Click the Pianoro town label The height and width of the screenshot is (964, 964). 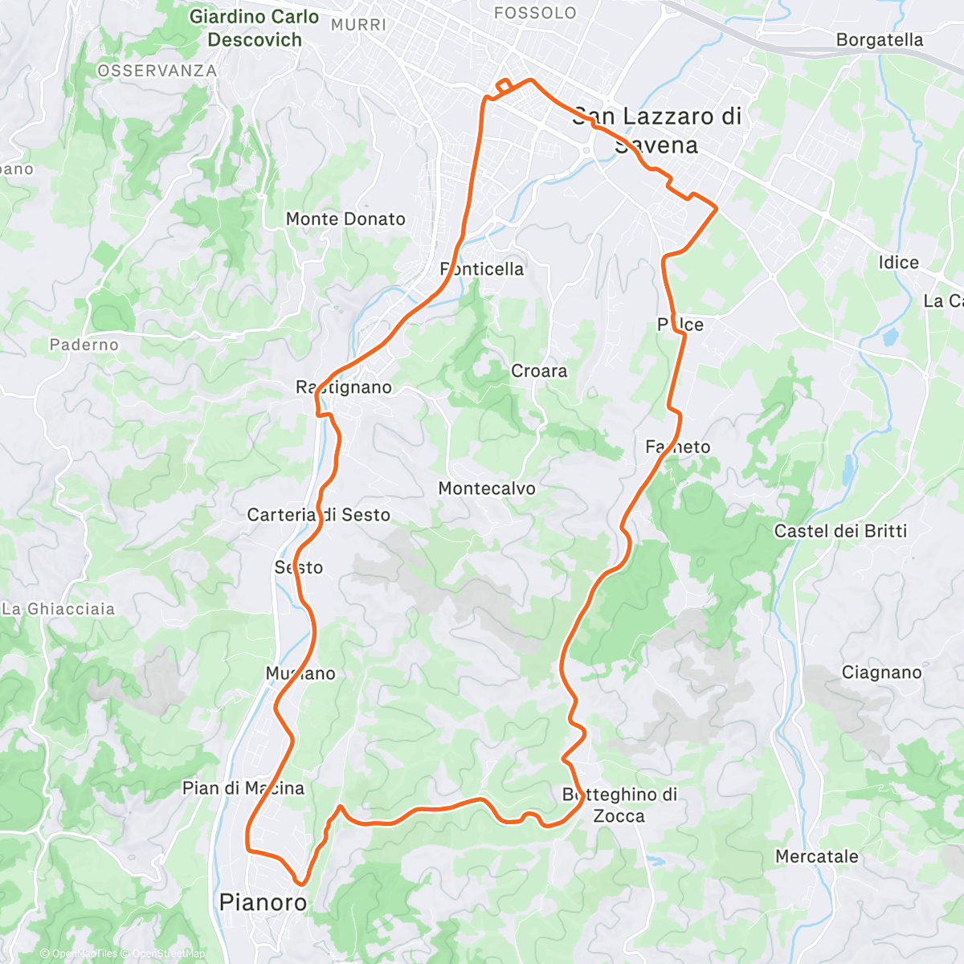(263, 902)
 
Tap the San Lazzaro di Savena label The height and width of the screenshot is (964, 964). (656, 130)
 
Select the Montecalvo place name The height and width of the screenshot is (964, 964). (487, 488)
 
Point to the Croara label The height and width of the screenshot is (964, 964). (539, 371)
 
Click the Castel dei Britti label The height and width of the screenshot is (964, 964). (840, 531)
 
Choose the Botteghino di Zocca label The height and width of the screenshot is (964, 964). (619, 805)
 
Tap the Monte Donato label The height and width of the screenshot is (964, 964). (345, 219)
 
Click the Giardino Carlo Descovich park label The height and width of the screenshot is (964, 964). (255, 28)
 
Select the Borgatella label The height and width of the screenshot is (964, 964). (880, 40)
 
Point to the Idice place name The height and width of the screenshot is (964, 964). (898, 263)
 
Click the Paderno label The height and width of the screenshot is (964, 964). (84, 345)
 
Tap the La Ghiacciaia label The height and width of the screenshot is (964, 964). (59, 609)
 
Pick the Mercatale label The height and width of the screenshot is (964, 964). (816, 856)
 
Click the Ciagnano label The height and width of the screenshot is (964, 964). (881, 672)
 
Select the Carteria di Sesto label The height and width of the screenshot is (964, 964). (319, 515)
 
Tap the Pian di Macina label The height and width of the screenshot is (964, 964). (243, 788)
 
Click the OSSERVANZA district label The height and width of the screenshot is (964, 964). (157, 71)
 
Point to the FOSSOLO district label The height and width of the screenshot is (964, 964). (535, 13)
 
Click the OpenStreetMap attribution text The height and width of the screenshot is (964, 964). (169, 954)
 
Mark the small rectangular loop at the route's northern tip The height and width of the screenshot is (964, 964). (504, 86)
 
